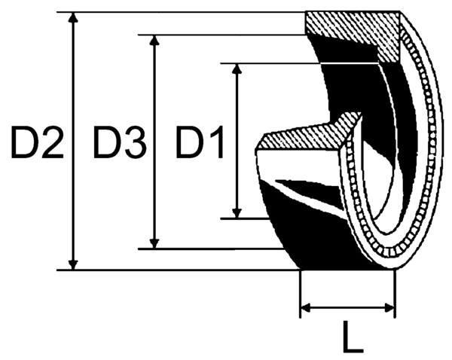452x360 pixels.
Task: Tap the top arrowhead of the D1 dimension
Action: point(237,70)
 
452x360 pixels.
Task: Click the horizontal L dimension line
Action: point(348,307)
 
